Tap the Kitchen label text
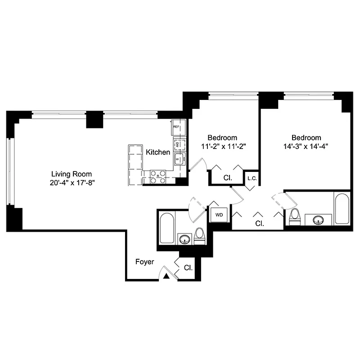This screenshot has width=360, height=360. [x=158, y=153]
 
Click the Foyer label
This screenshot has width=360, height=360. [x=145, y=261]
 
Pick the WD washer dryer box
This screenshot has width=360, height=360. [x=219, y=215]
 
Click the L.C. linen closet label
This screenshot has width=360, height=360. [x=252, y=178]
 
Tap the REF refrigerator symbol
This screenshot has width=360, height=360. [x=177, y=128]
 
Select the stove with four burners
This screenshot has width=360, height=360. [x=157, y=176]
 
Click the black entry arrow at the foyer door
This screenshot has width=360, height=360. [x=166, y=277]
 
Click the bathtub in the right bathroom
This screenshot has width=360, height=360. [x=342, y=209]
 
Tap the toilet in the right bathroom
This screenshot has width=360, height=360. [x=295, y=217]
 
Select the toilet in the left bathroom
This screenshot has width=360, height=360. [x=199, y=236]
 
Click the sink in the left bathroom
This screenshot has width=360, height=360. [x=184, y=239]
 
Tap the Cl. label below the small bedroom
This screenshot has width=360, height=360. [x=228, y=178]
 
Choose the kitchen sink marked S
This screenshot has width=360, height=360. [x=178, y=158]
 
